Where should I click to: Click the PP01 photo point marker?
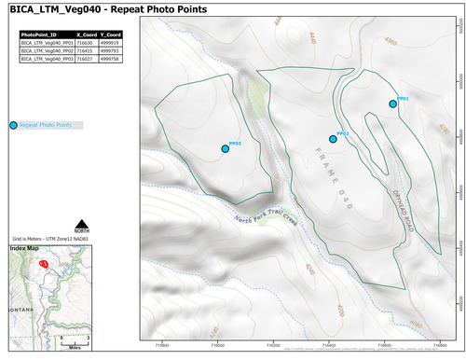click(393, 104)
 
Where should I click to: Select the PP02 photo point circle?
click(333, 139)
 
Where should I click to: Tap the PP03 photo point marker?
click(225, 148)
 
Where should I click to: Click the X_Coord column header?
click(86, 34)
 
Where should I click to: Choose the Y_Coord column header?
click(110, 34)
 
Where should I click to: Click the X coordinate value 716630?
click(86, 42)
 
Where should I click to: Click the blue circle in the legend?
click(13, 125)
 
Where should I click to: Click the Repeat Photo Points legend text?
click(46, 125)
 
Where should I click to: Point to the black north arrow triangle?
click(82, 223)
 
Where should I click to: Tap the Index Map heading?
click(25, 249)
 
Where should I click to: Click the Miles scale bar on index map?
click(72, 339)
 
